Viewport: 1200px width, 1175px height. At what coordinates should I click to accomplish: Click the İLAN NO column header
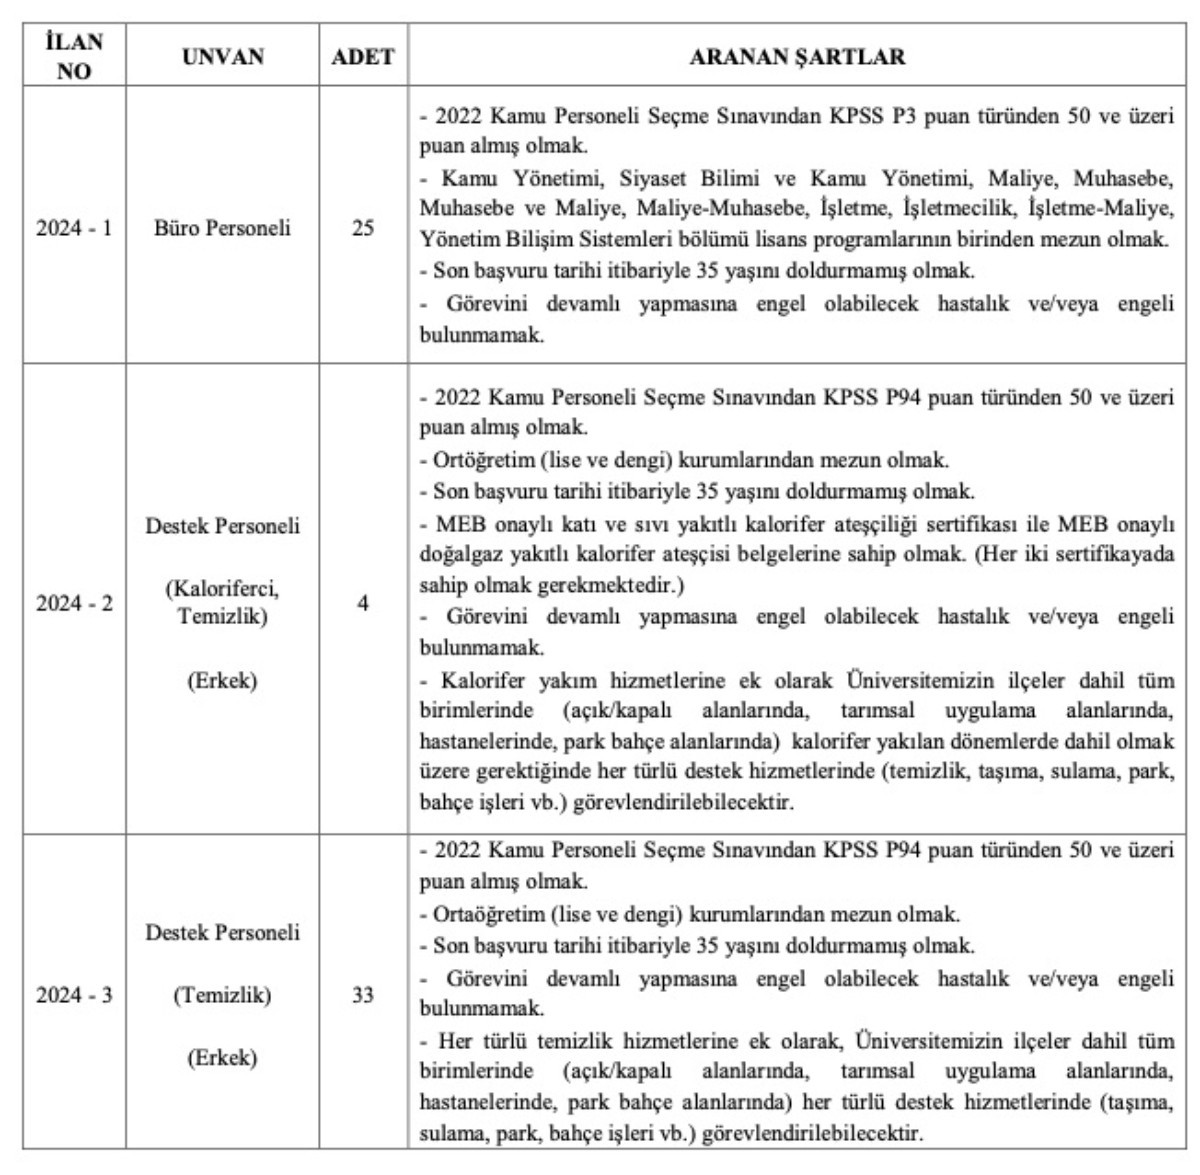coord(74,56)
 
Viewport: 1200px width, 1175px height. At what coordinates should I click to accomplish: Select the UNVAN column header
coord(223,56)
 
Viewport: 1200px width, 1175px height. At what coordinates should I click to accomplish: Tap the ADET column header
coord(362,56)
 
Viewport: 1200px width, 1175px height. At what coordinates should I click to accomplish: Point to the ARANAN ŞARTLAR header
coord(797,56)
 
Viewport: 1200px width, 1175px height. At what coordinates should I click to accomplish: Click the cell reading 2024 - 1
coord(74,228)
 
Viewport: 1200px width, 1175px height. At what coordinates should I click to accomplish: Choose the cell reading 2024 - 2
coord(74,604)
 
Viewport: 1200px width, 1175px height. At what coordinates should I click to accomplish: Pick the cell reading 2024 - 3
coord(74,995)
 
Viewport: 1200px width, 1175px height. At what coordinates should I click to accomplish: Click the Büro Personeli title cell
coord(223,228)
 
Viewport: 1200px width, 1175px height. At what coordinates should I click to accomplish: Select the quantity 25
coord(362,228)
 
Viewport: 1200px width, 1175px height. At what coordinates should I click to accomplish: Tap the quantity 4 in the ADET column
coord(362,604)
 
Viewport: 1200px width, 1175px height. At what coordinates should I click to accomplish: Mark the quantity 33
coord(362,995)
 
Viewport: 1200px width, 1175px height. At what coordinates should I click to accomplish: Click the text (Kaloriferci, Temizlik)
coord(223,602)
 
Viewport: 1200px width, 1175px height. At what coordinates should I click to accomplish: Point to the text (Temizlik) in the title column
coord(223,995)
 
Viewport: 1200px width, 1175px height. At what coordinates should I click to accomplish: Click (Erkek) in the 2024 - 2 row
coord(223,681)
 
